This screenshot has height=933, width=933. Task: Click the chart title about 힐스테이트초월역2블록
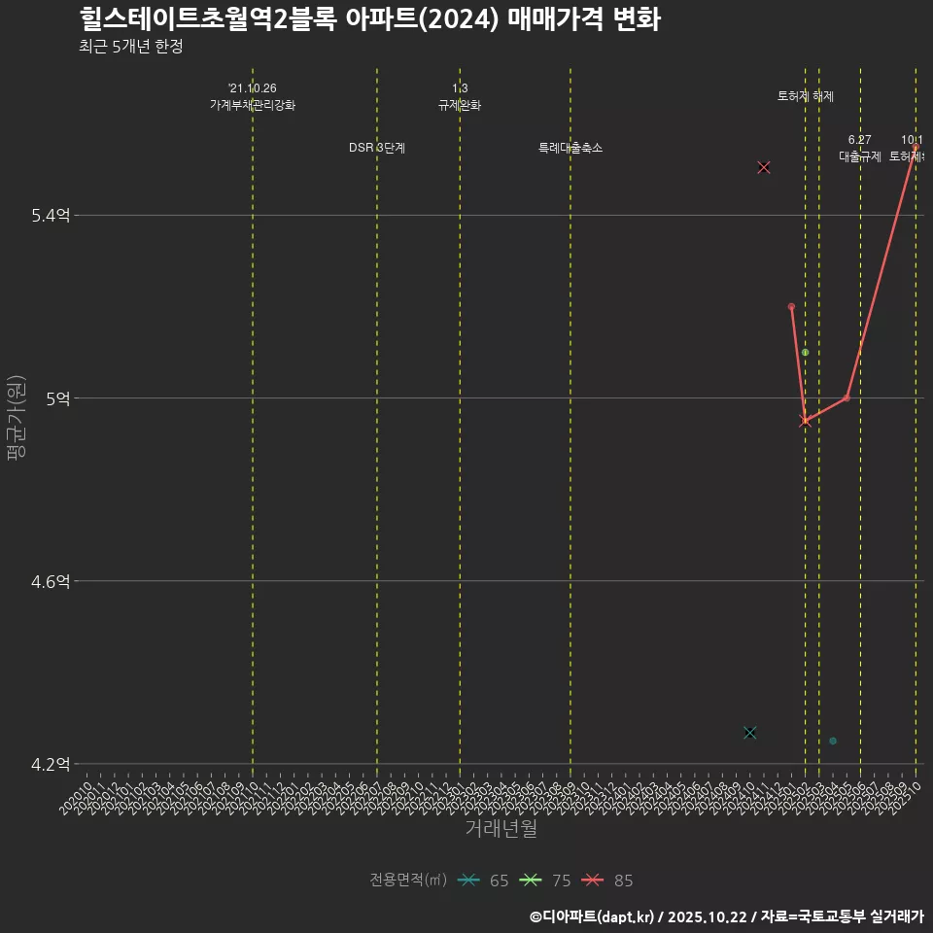pyautogui.click(x=369, y=19)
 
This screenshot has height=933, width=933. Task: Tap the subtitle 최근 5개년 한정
pyautogui.click(x=130, y=47)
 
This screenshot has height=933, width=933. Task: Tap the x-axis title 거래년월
pyautogui.click(x=501, y=828)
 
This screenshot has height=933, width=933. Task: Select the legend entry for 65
pyautogui.click(x=484, y=881)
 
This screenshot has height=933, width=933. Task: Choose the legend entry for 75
pyautogui.click(x=545, y=881)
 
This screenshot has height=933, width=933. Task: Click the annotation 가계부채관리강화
pyautogui.click(x=253, y=105)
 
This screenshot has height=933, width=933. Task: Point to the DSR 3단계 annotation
pyautogui.click(x=377, y=148)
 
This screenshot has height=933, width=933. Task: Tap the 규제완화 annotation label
pyautogui.click(x=460, y=105)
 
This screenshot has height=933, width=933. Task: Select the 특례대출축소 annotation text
pyautogui.click(x=570, y=148)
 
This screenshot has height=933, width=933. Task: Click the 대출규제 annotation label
pyautogui.click(x=860, y=155)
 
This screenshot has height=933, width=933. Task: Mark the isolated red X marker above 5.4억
pyautogui.click(x=764, y=167)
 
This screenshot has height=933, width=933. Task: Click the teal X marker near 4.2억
pyautogui.click(x=749, y=732)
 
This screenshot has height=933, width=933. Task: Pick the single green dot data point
pyautogui.click(x=805, y=352)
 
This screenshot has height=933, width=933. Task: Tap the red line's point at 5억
pyautogui.click(x=847, y=397)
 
